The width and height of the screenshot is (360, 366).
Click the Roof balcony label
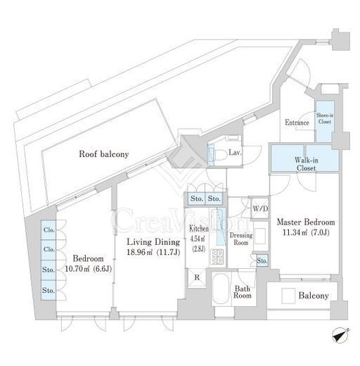coord(104,154)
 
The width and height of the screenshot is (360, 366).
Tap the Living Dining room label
coord(153,242)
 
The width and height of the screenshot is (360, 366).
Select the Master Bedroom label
coord(306,222)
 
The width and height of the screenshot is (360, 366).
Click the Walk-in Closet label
coord(306,164)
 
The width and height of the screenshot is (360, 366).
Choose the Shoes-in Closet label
coord(325,118)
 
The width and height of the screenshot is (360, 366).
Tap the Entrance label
coord(297,122)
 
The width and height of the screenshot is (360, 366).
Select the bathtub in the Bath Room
coord(221,289)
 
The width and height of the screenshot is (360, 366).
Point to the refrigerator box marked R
coord(197,278)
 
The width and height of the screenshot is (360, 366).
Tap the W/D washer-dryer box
coord(260,208)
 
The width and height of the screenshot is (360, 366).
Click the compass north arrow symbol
coord(340,335)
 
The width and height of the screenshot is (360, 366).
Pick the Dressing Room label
coord(241,239)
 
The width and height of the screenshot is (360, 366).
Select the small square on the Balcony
coord(288,296)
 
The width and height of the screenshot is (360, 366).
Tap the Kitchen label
coord(198,228)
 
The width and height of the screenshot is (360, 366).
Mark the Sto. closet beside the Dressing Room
coord(262,260)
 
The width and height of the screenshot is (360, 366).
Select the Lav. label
coord(235,153)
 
